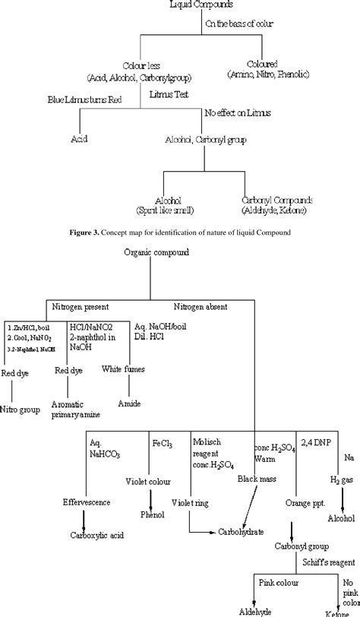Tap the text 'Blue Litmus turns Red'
pos(83,100)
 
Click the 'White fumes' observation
pos(122,369)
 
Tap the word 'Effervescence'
pos(87,502)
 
